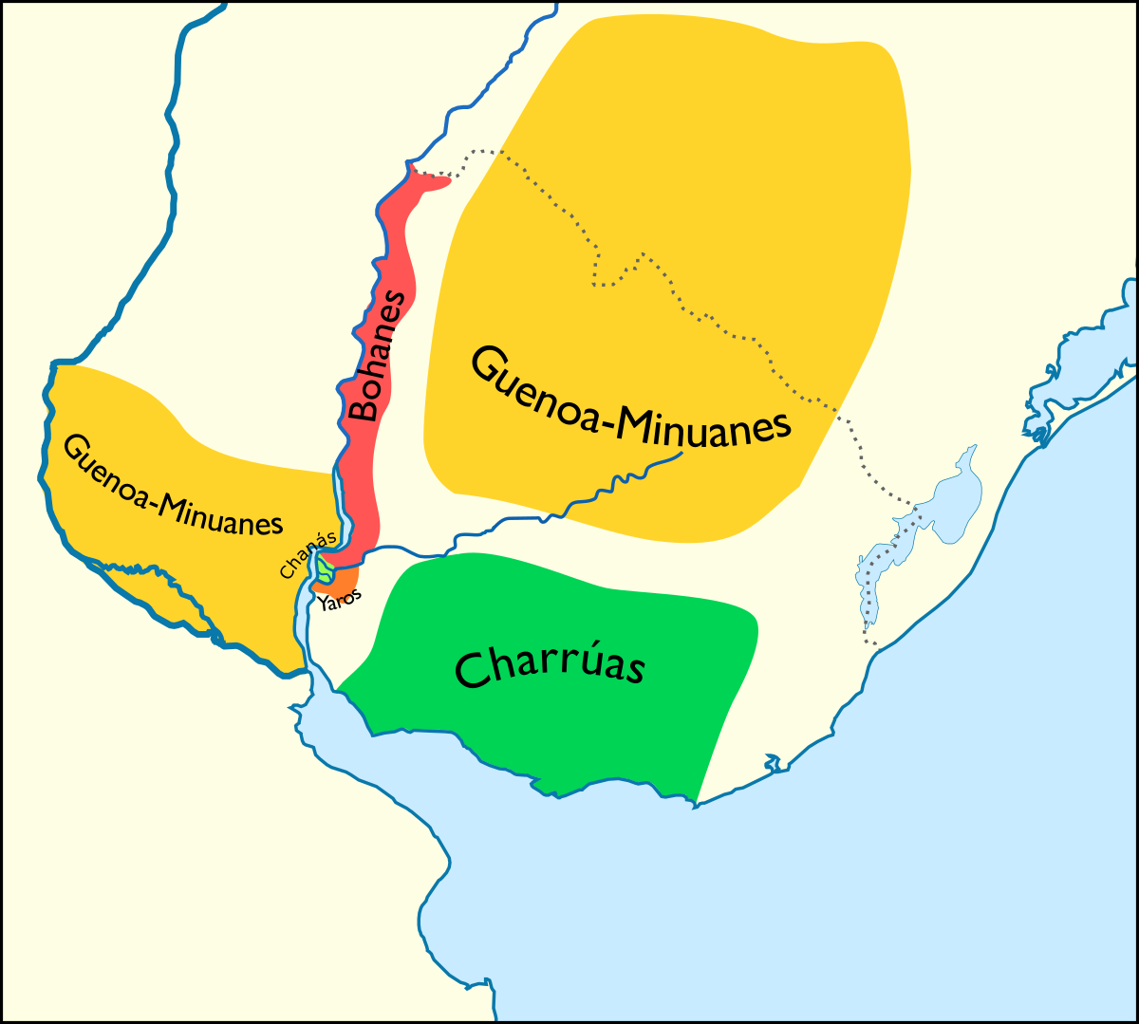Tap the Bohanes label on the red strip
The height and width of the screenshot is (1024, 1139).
[x=377, y=356]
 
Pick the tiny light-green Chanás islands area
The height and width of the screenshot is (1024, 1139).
[x=326, y=570]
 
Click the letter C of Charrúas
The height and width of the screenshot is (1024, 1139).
[x=472, y=670]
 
